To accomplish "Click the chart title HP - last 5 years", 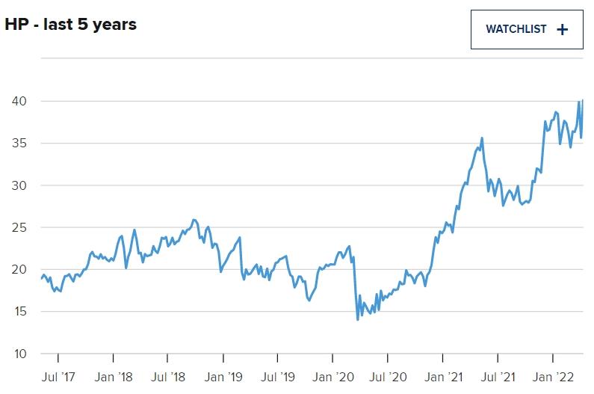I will point(71,25).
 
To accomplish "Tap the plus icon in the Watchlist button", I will point(563,29).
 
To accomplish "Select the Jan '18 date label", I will point(114,376).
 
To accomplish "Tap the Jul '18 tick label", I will point(168,376).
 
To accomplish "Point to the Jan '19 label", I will point(223,376).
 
